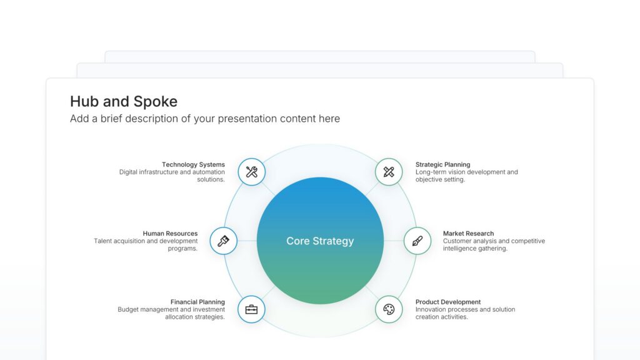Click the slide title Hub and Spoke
point(124,101)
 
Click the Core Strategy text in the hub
point(320,241)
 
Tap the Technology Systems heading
point(193,165)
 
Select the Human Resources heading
point(170,234)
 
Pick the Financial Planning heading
point(197,302)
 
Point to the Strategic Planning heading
point(442,165)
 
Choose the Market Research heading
point(468,234)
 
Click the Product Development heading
point(448,302)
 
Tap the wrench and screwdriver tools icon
point(252,172)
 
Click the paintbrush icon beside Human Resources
point(223,241)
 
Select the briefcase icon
point(251,309)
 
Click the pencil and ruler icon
point(389,172)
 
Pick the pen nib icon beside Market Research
point(417,241)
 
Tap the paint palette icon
point(389,309)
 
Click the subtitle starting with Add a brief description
point(205,119)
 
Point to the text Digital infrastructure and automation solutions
point(172,176)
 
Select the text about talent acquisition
point(146,244)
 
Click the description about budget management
point(171,313)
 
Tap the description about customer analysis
point(494,244)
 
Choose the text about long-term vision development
point(466,176)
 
